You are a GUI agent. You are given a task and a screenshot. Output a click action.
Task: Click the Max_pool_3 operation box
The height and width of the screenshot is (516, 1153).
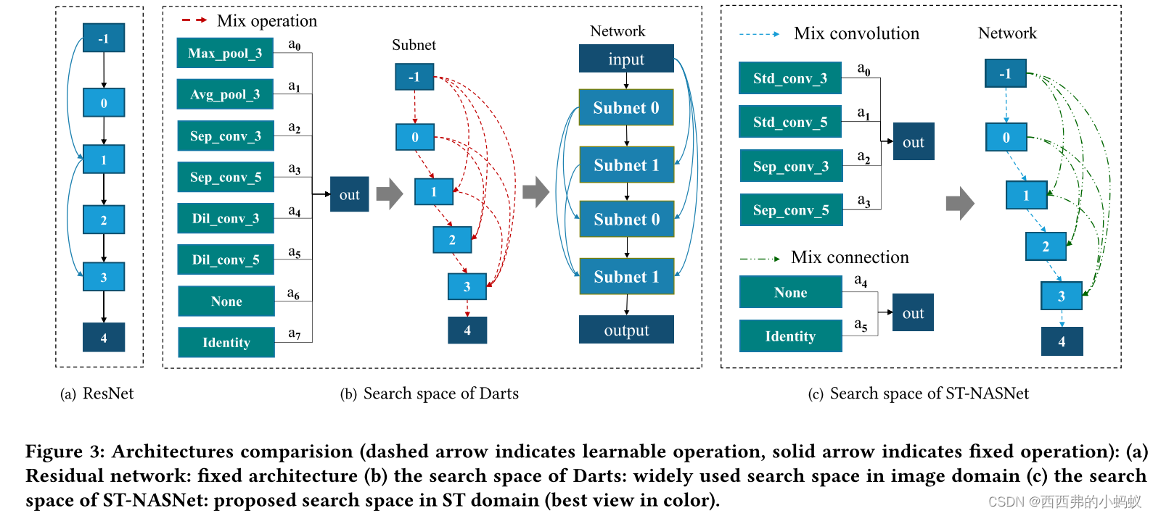tap(225, 54)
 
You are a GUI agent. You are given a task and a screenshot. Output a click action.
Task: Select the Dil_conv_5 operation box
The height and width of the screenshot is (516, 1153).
tap(225, 259)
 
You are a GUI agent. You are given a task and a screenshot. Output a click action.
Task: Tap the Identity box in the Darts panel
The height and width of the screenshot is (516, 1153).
tap(226, 342)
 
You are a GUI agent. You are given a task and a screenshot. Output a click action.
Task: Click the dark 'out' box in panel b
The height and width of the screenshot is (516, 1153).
tap(349, 194)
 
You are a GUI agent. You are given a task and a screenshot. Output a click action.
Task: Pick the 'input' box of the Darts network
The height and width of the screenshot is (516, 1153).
tap(625, 59)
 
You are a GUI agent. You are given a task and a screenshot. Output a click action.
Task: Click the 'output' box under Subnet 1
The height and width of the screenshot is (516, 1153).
tap(625, 330)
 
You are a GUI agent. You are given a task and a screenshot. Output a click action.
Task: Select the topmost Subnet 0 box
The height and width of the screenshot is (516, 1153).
tap(625, 107)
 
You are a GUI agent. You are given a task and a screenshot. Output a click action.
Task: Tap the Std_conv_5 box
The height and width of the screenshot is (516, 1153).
tap(789, 122)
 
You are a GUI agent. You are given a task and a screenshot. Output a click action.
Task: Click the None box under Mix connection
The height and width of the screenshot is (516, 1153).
tap(790, 292)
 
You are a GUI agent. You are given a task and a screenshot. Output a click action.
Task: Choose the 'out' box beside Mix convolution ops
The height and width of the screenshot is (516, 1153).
tap(913, 142)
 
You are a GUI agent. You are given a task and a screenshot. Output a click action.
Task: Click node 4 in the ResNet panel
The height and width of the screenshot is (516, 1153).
tap(104, 338)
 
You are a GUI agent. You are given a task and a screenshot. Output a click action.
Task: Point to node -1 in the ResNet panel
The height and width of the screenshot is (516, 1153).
tap(104, 38)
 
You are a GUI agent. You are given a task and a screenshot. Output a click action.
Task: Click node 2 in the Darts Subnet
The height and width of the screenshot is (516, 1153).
tap(452, 240)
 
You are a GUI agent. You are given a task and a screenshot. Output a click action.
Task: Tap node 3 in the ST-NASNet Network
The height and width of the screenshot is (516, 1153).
tap(1061, 296)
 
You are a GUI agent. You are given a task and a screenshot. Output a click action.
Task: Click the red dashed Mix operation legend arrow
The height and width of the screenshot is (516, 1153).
tap(194, 20)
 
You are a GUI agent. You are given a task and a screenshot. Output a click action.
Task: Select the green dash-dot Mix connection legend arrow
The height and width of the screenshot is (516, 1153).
tap(760, 258)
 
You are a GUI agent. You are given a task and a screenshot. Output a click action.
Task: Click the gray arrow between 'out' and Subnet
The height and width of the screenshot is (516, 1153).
tap(389, 193)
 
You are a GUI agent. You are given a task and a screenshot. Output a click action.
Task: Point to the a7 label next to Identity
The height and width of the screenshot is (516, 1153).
tap(294, 333)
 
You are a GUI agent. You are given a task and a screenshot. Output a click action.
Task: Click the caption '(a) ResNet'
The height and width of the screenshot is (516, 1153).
tap(97, 394)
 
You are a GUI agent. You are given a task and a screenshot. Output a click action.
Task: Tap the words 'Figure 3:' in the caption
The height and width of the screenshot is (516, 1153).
tap(65, 451)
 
